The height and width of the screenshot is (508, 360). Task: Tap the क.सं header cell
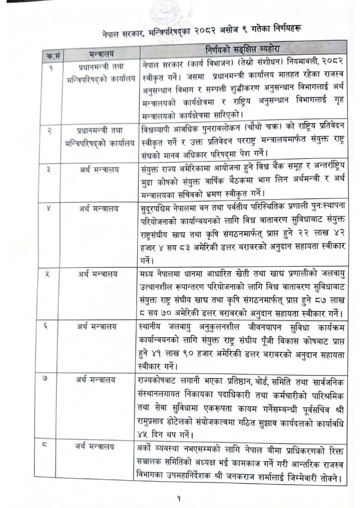[51, 53]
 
